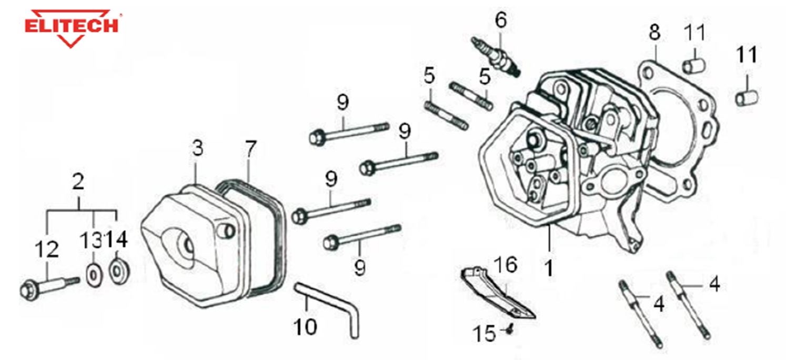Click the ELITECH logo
pos(73,27)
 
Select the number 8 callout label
pos(654,32)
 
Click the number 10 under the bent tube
pos(305,326)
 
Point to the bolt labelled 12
pos(47,286)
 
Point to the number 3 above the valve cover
pos(197,149)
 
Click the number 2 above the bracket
pos(78,182)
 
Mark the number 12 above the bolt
pos(46,249)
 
